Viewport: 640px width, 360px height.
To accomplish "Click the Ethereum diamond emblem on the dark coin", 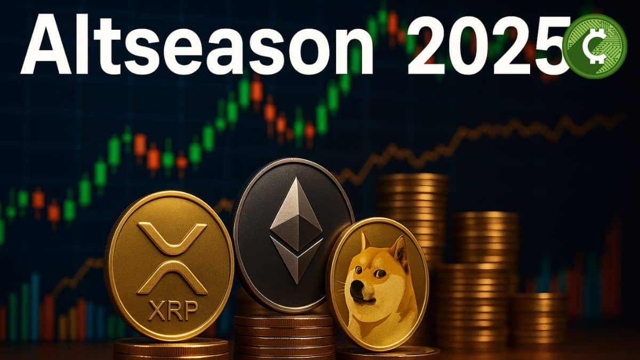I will pos(295,229).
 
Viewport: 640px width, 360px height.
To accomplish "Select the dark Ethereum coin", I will pos(293,235).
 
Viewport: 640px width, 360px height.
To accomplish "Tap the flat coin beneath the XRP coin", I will pos(171,349).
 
